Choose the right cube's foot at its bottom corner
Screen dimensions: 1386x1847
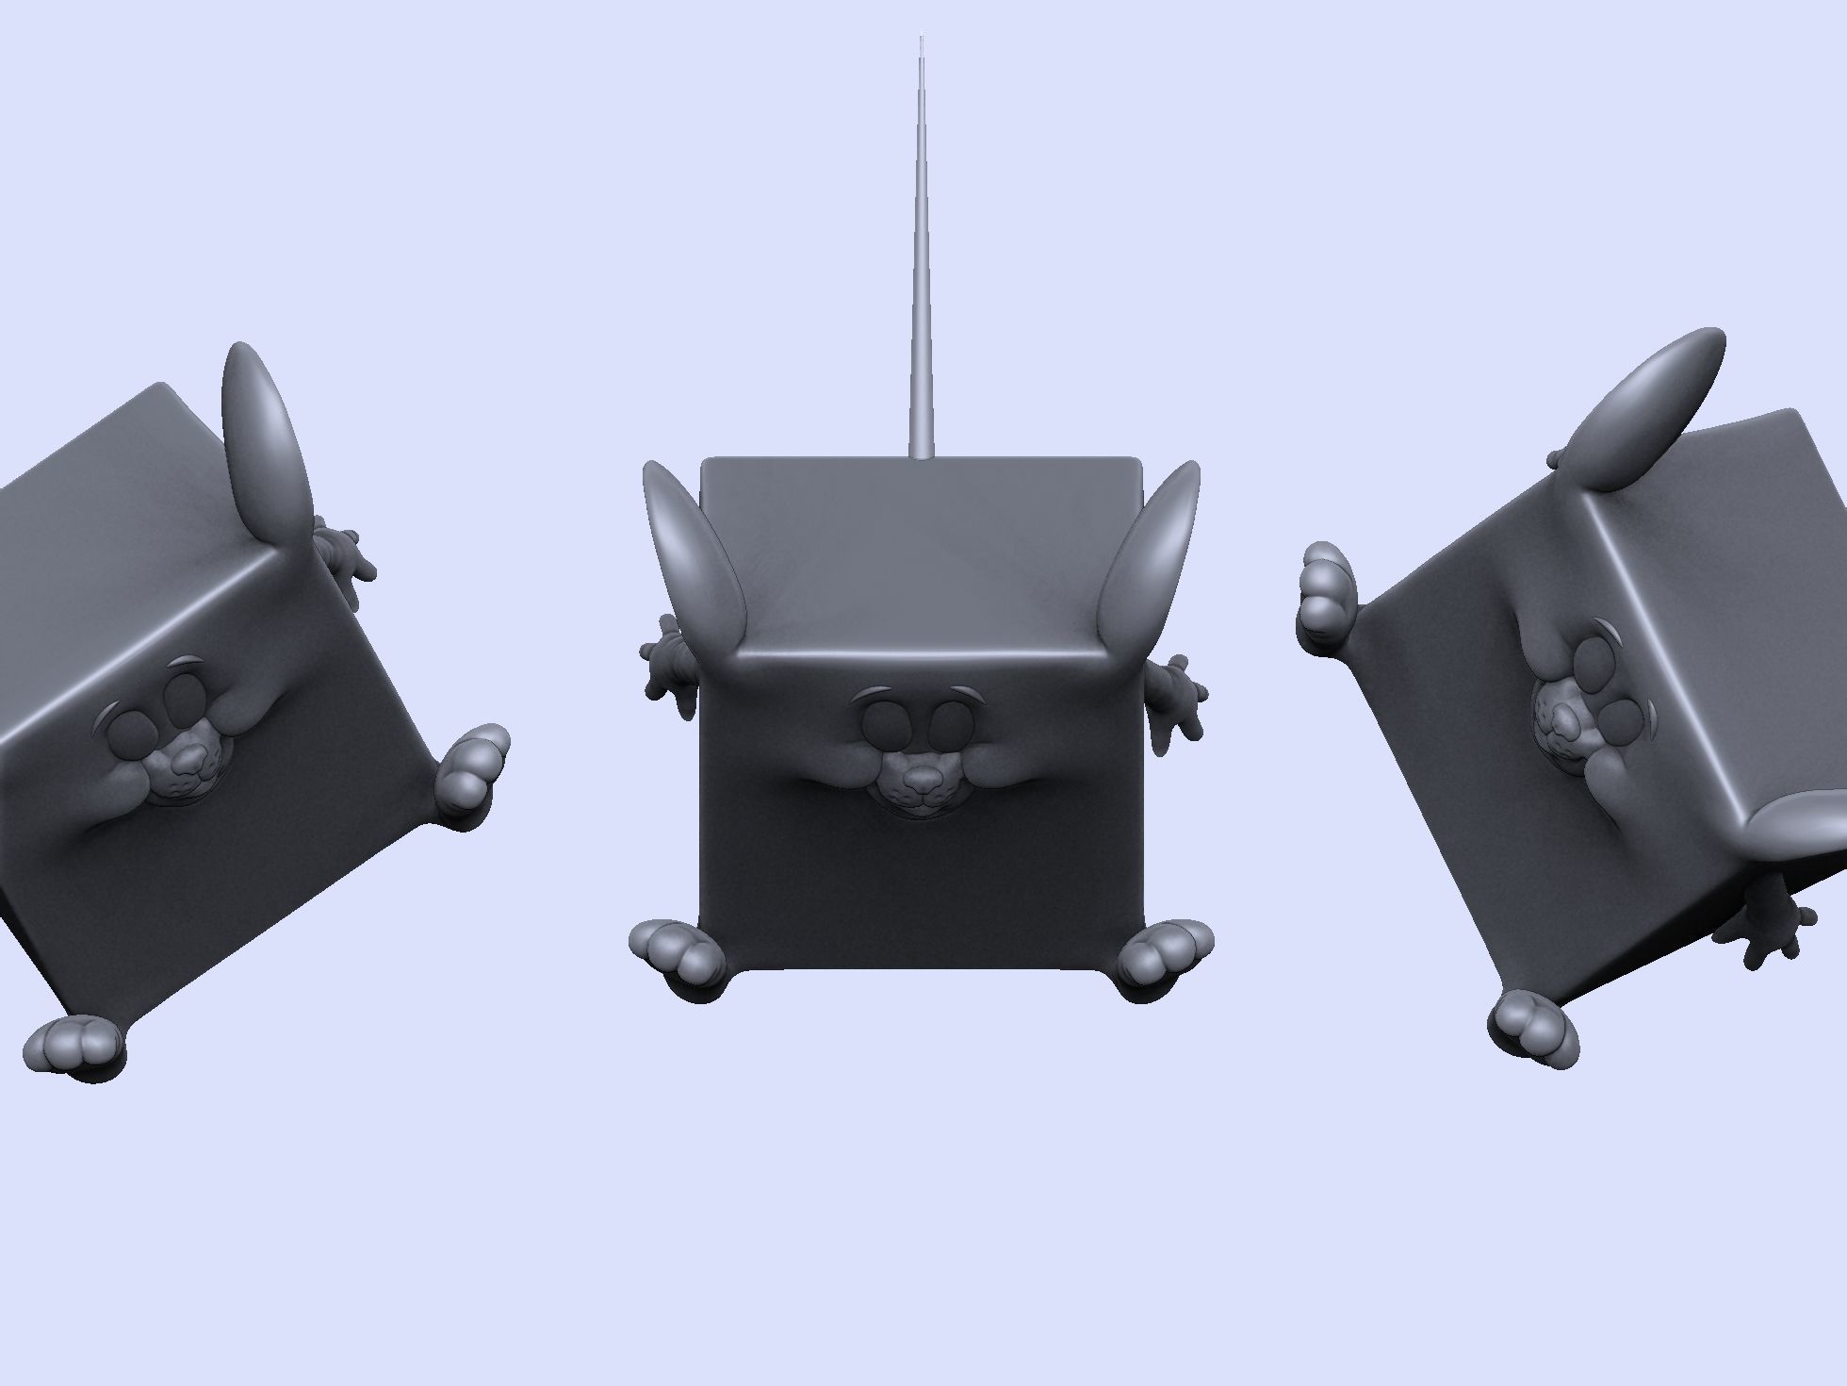point(1534,1028)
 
